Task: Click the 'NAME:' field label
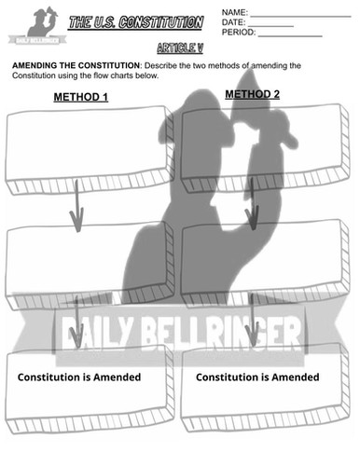[235, 11]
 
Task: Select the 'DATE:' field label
[233, 22]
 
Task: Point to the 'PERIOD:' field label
[238, 34]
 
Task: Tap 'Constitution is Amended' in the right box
[257, 377]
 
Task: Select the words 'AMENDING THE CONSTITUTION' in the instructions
[71, 66]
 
